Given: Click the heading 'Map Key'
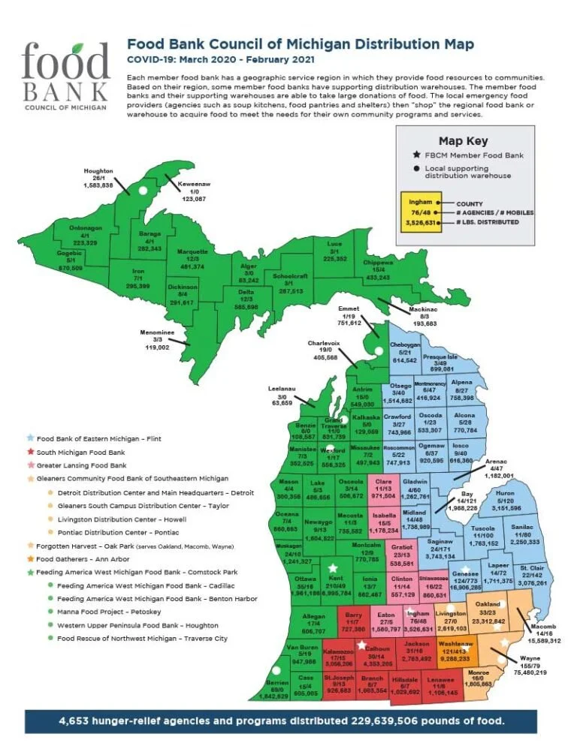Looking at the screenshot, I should pos(463,140).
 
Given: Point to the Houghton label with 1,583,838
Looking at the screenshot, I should pos(98,178).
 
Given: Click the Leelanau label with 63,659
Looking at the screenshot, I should pos(282,396).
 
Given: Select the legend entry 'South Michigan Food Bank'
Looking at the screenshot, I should pos(77,452).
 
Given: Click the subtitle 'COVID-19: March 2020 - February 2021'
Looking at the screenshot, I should pos(221,59).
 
